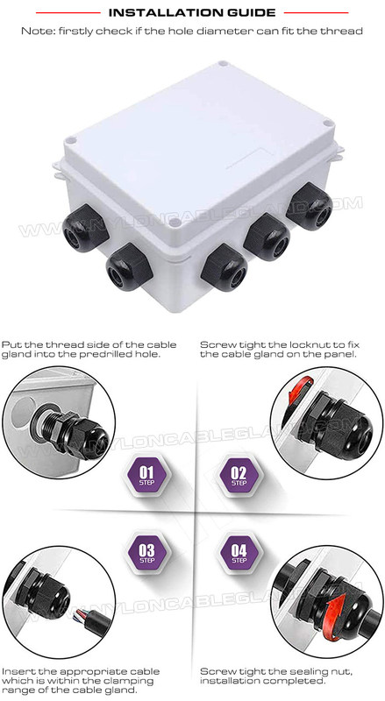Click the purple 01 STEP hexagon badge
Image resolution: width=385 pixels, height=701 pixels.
tap(146, 475)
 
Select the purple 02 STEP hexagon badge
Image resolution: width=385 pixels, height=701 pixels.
tap(239, 475)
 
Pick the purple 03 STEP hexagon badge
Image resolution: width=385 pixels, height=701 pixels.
tap(146, 553)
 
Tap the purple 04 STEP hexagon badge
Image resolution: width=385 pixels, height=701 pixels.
tap(239, 553)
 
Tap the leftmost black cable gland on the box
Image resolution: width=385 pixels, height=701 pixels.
tap(85, 228)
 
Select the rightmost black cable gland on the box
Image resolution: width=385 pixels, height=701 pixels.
tap(310, 206)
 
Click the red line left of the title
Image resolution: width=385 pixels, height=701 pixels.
tap(68, 12)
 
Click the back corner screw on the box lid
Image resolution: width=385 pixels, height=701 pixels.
tap(223, 64)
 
